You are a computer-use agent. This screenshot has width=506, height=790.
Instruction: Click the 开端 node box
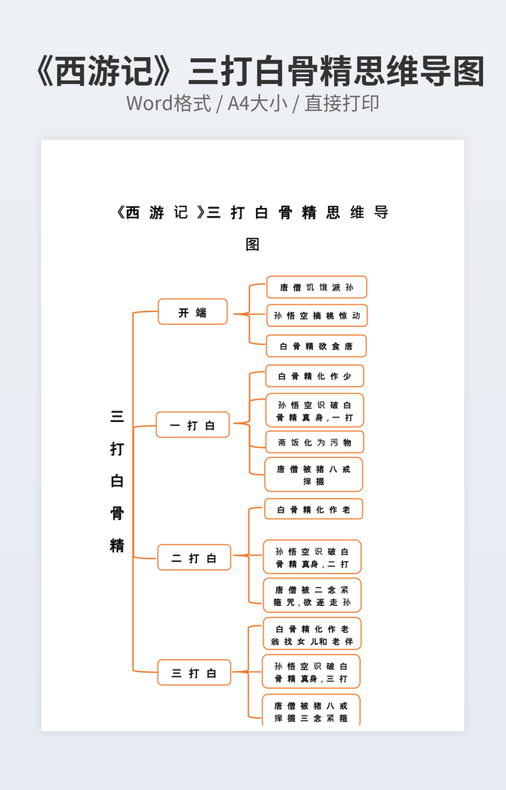point(192,312)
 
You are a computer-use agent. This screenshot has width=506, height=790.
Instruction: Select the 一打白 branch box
point(192,425)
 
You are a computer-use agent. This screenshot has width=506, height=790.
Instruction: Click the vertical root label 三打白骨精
point(118,481)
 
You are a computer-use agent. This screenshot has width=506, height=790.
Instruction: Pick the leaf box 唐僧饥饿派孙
point(317,287)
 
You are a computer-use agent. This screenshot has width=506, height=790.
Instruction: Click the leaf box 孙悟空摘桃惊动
point(317,316)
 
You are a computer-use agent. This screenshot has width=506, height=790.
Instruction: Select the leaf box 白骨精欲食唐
point(317,346)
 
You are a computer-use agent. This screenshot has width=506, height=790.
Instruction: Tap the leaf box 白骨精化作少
point(315,376)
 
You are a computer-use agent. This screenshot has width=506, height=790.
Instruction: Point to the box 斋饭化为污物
point(315,442)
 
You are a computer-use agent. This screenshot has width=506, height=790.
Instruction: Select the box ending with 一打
point(315,410)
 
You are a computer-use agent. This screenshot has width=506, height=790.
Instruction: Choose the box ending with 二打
point(312,557)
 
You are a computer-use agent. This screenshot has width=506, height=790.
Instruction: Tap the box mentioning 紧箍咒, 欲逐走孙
point(312,595)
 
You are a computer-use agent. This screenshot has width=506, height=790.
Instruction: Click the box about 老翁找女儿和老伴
point(312,634)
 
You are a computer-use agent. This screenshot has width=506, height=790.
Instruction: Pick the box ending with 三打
point(311,672)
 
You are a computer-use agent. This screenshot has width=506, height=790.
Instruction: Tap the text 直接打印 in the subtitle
point(341,103)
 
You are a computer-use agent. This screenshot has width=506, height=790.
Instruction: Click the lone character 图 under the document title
point(253,245)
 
